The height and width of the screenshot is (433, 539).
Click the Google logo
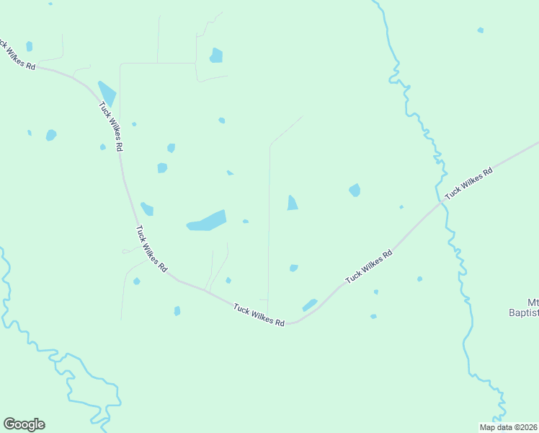point(24,424)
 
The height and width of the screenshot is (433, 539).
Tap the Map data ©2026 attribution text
point(508,427)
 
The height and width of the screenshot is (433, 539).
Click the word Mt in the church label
point(533,302)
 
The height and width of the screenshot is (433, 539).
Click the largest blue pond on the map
point(207,221)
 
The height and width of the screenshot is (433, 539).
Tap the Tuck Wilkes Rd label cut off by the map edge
point(16,55)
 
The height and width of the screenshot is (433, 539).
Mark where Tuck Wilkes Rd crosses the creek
point(440,204)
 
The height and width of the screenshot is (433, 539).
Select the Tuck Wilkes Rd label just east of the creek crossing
point(468,183)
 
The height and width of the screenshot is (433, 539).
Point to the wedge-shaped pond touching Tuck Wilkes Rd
point(107,92)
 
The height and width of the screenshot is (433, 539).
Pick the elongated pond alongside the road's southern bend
point(310,305)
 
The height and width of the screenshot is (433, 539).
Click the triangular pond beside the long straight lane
point(292,204)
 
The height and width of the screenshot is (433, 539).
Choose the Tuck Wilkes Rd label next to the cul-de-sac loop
point(151,248)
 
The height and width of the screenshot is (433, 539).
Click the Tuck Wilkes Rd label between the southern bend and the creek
point(369,266)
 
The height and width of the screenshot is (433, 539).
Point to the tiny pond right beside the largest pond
point(246,222)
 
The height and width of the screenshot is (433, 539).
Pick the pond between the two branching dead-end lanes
point(228,280)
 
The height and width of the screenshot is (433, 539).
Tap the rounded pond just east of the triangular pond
point(355,190)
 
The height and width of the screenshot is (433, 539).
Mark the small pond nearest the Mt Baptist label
point(419,279)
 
